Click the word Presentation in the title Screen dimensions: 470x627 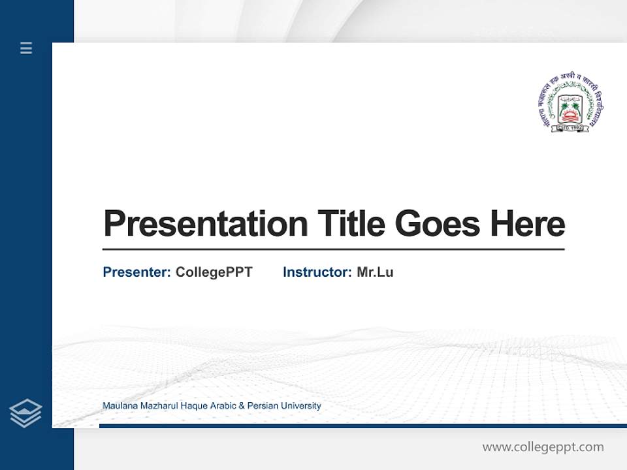[x=205, y=223]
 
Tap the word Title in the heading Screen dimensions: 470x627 [x=351, y=223]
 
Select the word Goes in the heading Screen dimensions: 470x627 [x=438, y=223]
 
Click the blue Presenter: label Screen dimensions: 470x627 [x=137, y=272]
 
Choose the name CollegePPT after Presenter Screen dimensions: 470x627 [x=214, y=272]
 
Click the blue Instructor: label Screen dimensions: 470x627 [x=317, y=272]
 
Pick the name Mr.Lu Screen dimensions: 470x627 [x=375, y=272]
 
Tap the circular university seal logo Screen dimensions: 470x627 [x=570, y=105]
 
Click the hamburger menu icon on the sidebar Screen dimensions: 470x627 [x=26, y=48]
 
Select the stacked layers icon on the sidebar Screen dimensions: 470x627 [x=25, y=413]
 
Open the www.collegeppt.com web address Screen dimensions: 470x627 [x=543, y=447]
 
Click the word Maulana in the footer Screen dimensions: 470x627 [x=120, y=406]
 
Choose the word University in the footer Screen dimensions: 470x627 [x=302, y=406]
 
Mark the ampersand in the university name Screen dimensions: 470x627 [x=242, y=406]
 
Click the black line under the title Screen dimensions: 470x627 [x=333, y=249]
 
